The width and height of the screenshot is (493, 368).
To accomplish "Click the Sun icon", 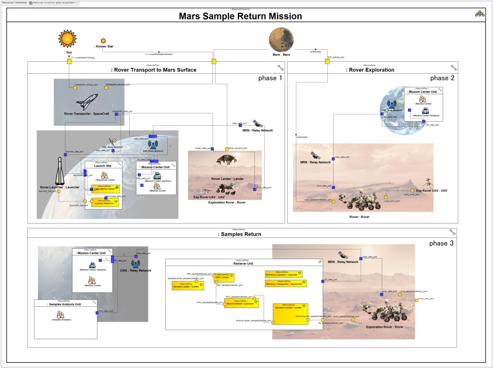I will coord(67,39).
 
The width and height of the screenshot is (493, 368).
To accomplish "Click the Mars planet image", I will coord(281,39).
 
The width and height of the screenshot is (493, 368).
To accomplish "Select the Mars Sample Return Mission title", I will coord(240,16).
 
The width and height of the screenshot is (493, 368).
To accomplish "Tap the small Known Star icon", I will coord(103,41).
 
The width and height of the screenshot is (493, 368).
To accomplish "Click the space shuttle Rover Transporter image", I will coord(87,101).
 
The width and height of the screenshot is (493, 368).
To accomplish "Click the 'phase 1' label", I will coord(270,78).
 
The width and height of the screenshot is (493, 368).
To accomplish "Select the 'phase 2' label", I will coord(442,78).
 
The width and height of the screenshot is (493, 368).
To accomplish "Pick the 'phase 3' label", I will coord(441,243).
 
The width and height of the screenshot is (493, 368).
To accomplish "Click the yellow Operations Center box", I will coord(106,189).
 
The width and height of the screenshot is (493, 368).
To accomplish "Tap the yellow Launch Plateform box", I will coord(105,202).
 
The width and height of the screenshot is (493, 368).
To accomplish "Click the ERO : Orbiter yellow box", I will coord(224,277).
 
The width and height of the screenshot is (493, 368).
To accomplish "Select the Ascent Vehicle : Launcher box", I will coord(241,303).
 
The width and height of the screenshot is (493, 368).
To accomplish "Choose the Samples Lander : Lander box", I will coord(188,286).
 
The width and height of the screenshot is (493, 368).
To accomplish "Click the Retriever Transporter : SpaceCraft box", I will coord(285,283).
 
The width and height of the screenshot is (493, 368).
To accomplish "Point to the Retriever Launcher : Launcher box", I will coord(283,274).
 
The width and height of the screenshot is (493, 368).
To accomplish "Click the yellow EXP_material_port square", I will coord(327,61).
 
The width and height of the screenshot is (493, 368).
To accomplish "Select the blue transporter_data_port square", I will coord(117,114).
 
